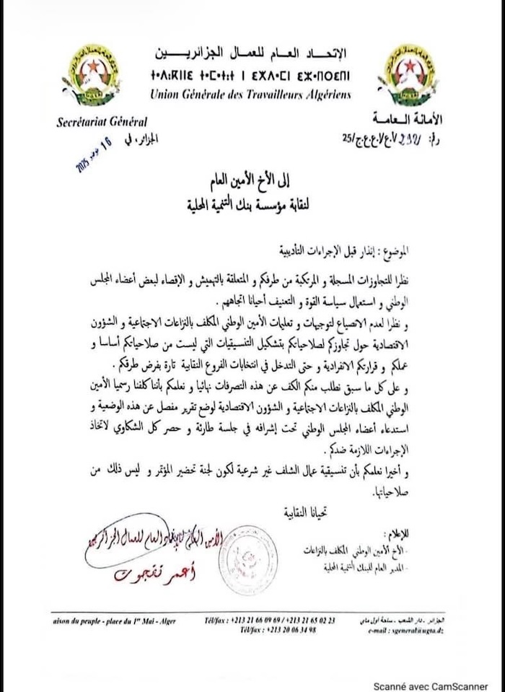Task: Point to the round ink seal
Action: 247,559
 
